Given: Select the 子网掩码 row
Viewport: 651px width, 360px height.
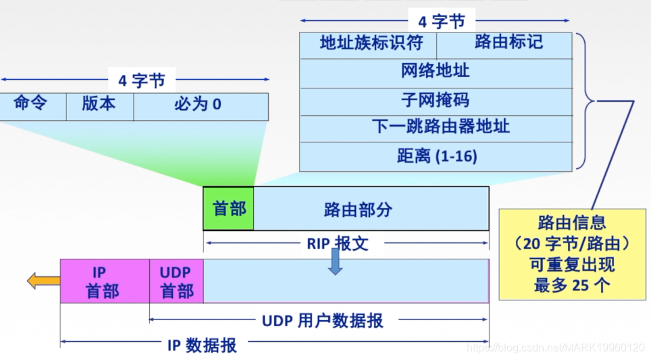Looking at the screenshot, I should pos(436,101).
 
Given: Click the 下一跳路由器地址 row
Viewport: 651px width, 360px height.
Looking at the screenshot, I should pos(436,128).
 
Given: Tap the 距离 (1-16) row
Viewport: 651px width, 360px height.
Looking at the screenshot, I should pos(436,157).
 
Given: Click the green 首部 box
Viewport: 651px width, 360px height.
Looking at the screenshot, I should pos(229,209).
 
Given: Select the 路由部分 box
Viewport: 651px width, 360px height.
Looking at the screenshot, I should pos(371,209).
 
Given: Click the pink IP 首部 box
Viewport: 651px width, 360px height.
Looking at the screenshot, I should pos(105,281).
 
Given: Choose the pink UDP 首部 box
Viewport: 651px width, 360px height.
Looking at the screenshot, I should pos(176,281).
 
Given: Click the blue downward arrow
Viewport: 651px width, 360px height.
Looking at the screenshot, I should pos(335,262).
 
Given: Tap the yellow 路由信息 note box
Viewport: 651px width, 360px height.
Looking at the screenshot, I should pos(573,254).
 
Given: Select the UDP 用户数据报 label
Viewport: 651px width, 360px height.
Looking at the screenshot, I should pos(323,320).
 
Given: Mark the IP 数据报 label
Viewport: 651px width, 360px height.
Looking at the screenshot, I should pos(202,345).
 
